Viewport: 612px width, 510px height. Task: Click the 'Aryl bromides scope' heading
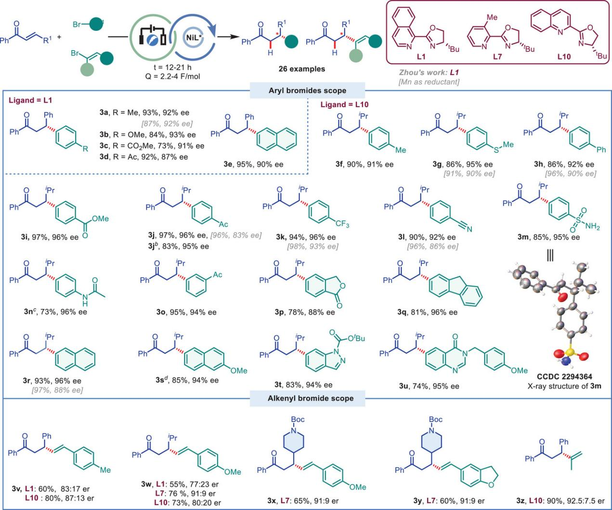pyautogui.click(x=307, y=90)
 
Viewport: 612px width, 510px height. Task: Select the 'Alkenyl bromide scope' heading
pyautogui.click(x=311, y=398)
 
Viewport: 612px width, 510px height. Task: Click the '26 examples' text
pyautogui.click(x=301, y=69)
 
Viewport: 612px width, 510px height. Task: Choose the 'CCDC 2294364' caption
pyautogui.click(x=564, y=377)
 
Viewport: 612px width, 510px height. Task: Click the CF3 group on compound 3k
pyautogui.click(x=343, y=224)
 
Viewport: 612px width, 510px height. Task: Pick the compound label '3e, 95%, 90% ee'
pyautogui.click(x=253, y=164)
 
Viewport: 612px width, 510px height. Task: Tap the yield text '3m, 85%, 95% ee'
pyautogui.click(x=548, y=237)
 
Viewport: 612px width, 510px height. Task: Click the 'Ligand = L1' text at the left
pyautogui.click(x=30, y=101)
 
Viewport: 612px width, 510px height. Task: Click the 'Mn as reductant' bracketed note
pyautogui.click(x=429, y=82)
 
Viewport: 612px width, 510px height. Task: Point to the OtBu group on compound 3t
pyautogui.click(x=355, y=338)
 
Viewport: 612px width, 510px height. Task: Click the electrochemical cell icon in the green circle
pyautogui.click(x=153, y=37)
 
